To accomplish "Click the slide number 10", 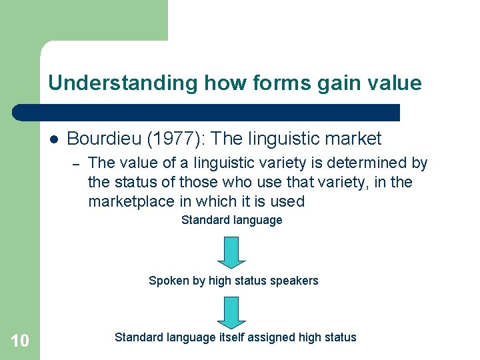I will pyautogui.click(x=20, y=341).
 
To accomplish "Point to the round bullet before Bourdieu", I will pyautogui.click(x=54, y=139).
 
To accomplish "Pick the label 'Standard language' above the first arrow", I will pyautogui.click(x=232, y=220).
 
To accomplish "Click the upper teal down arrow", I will pyautogui.click(x=232, y=252).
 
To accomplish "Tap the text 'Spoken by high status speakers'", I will pyautogui.click(x=233, y=281).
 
